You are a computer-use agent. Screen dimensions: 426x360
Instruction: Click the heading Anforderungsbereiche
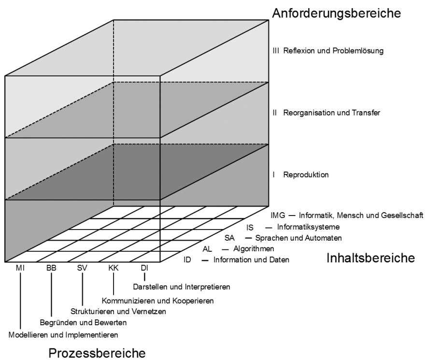click(x=336, y=13)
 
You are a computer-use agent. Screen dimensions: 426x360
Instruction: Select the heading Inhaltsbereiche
click(x=370, y=258)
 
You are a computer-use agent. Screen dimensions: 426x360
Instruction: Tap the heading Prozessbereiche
click(x=97, y=353)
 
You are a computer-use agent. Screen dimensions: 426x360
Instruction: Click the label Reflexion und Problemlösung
click(x=333, y=51)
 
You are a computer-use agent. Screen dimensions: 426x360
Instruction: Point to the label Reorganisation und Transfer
click(x=331, y=113)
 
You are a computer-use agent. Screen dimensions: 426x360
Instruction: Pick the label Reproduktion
click(x=306, y=174)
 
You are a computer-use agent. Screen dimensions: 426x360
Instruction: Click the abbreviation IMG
click(x=278, y=216)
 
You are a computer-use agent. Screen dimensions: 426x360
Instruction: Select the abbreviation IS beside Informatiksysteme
click(x=250, y=227)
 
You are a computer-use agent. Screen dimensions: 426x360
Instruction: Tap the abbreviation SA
click(x=229, y=238)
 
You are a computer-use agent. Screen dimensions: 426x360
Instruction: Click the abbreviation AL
click(x=207, y=249)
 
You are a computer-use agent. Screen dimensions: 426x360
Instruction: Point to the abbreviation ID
click(x=187, y=260)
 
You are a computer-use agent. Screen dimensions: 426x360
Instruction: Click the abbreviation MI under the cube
click(x=20, y=268)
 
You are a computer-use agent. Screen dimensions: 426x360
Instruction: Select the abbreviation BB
click(x=51, y=268)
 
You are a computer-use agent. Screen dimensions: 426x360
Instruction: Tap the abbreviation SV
click(x=82, y=268)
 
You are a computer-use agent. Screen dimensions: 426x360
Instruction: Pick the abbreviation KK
click(x=114, y=268)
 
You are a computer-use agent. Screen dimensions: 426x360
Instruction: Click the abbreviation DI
click(x=144, y=268)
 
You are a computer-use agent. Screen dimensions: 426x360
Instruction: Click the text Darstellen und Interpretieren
click(x=182, y=287)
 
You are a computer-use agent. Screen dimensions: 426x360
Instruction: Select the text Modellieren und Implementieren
click(x=63, y=335)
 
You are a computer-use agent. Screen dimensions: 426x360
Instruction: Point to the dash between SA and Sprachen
click(x=248, y=238)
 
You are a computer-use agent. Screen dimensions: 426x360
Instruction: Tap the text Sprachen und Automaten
click(x=298, y=238)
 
